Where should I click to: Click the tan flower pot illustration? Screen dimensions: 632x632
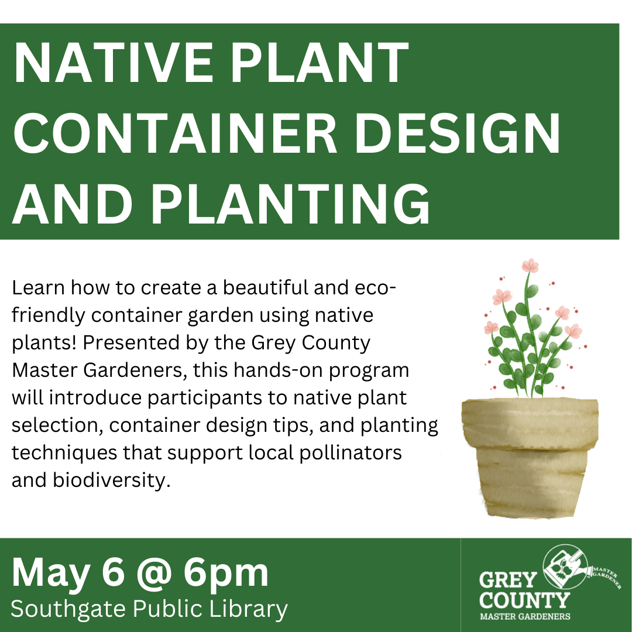point(530,456)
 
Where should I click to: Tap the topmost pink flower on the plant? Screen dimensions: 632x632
point(530,266)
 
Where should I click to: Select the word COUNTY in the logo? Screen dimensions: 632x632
point(524,600)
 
